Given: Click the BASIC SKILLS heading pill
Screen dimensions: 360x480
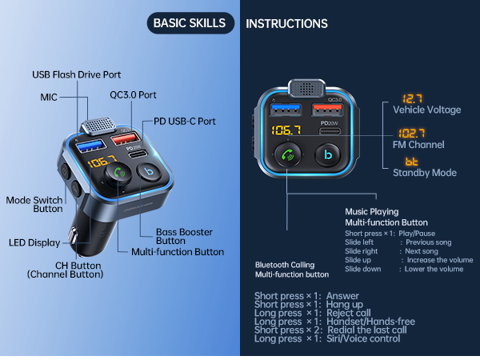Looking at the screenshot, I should pos(190,23).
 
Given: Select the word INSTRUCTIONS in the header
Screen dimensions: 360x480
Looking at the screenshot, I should pos(286,24).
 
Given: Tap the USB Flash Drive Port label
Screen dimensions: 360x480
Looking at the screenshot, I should pos(77,74).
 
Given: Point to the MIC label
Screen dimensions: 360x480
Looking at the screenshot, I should pos(49,96).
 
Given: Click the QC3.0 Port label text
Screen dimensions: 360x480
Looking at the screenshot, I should pos(133,93).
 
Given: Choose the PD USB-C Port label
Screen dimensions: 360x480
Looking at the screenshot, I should pos(185,122).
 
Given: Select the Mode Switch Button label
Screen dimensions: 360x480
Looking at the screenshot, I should pos(34,204).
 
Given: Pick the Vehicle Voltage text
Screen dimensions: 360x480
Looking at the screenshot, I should pos(426,109).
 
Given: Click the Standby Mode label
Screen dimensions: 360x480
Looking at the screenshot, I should pos(424,173).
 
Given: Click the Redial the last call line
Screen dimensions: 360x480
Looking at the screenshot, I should pos(330,330).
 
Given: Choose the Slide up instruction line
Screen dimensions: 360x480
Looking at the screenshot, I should pos(403,260).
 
